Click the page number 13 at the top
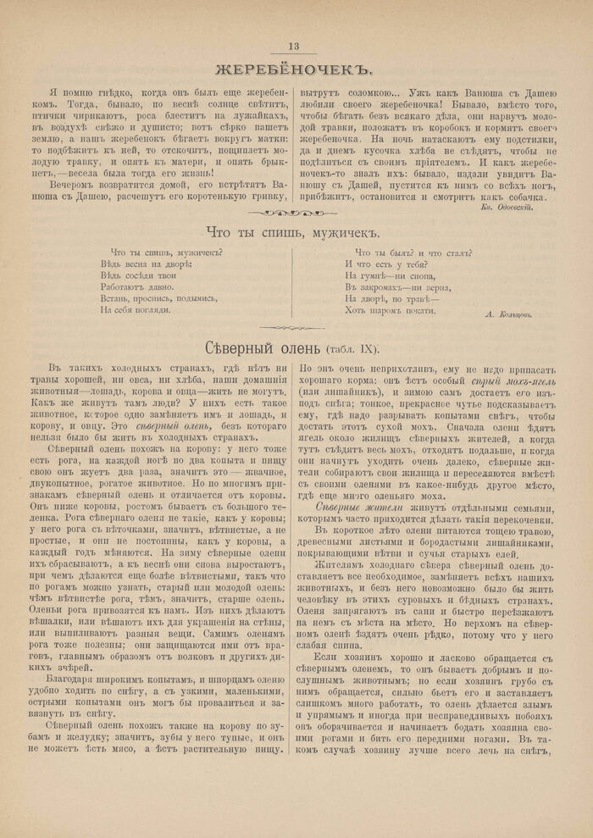pos(294,47)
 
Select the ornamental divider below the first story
pos(296,214)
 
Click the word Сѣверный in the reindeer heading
pos(241,348)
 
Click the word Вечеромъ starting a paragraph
pos(75,183)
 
